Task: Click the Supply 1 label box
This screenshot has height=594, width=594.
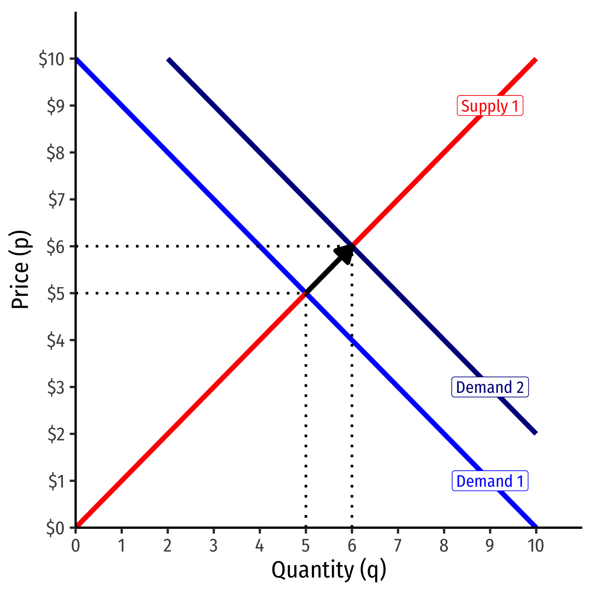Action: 490,106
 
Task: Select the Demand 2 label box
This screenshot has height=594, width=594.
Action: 490,387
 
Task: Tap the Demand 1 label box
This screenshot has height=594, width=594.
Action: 490,481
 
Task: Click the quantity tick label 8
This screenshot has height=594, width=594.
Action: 444,546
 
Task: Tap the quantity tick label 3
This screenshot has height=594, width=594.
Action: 213,546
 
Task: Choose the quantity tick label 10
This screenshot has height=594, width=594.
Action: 535,546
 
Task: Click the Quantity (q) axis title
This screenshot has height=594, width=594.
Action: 329,570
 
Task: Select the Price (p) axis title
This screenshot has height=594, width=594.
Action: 20,269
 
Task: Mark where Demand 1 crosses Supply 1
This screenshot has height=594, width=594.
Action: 306,293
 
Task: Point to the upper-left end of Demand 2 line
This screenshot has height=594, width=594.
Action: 169,60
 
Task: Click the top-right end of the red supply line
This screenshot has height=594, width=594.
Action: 535,60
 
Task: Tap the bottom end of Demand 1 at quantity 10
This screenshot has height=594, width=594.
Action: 535,526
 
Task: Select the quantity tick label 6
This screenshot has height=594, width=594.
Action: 352,546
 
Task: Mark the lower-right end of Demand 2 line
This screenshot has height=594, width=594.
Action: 535,433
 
